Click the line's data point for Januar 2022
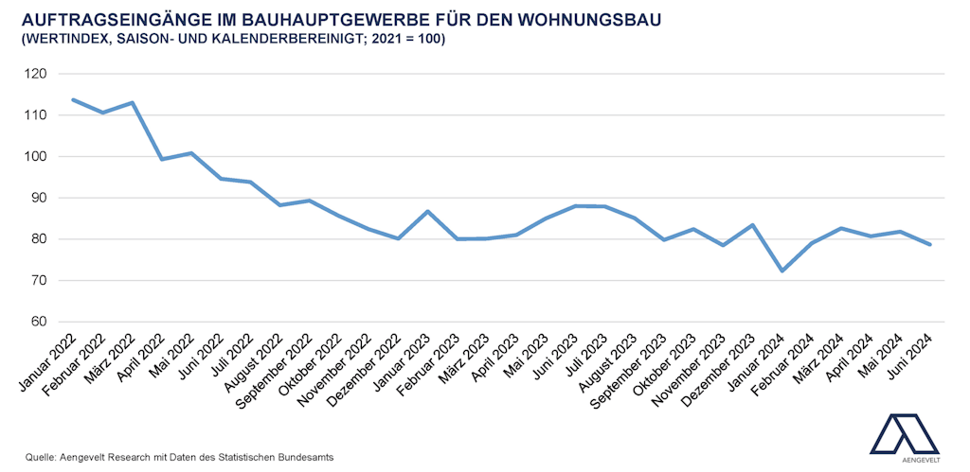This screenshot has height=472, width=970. pyautogui.click(x=73, y=99)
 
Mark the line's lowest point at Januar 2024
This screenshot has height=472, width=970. pyautogui.click(x=782, y=271)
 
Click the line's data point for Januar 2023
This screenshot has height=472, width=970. pyautogui.click(x=428, y=211)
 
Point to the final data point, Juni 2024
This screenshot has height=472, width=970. pyautogui.click(x=930, y=245)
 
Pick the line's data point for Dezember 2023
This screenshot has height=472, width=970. pyautogui.click(x=752, y=225)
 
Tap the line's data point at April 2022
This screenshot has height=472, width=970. pyautogui.click(x=162, y=159)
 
